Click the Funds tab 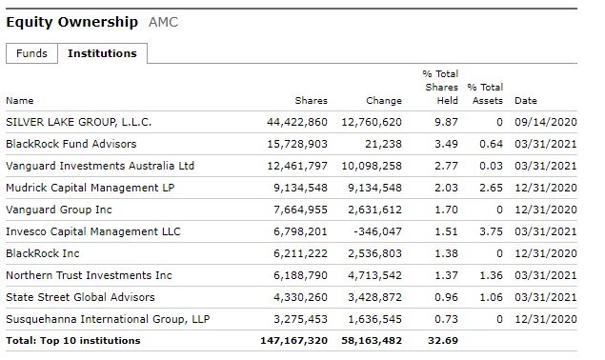31,54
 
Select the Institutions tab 102,54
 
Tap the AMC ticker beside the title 164,22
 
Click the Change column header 384,100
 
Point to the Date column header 525,100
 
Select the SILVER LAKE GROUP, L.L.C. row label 78,122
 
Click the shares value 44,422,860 297,122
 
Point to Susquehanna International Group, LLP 108,318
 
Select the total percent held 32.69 444,340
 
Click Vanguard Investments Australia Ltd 100,166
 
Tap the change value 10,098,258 372,166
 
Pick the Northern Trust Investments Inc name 89,275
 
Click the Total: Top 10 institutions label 72,340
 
